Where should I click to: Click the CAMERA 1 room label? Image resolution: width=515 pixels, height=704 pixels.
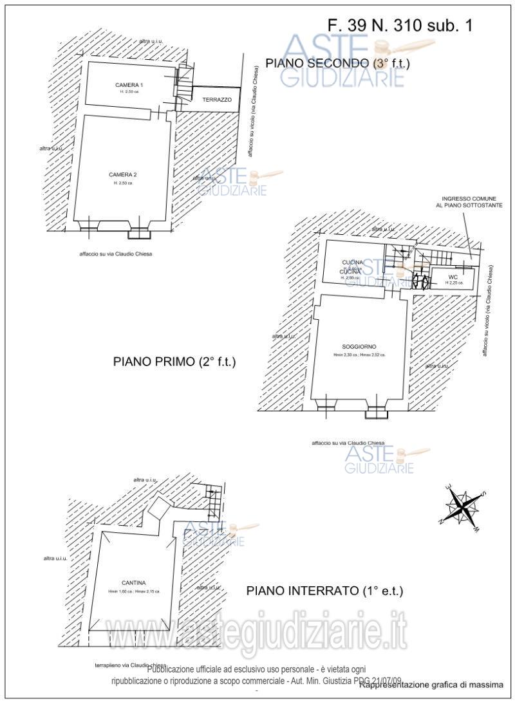pos(129,86)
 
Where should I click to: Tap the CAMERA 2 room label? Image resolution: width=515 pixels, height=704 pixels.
pos(122,174)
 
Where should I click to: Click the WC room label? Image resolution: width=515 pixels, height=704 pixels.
pos(453,277)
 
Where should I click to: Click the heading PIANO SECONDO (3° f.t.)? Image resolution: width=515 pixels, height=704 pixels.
pos(338,63)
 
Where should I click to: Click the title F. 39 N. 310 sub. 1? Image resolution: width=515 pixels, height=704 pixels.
pos(400,26)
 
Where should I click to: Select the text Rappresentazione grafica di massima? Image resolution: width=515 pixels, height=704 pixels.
pos(431,685)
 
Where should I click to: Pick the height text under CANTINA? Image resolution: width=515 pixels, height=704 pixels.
pos(134,591)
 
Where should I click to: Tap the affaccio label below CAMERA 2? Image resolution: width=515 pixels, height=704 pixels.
pos(116,254)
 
